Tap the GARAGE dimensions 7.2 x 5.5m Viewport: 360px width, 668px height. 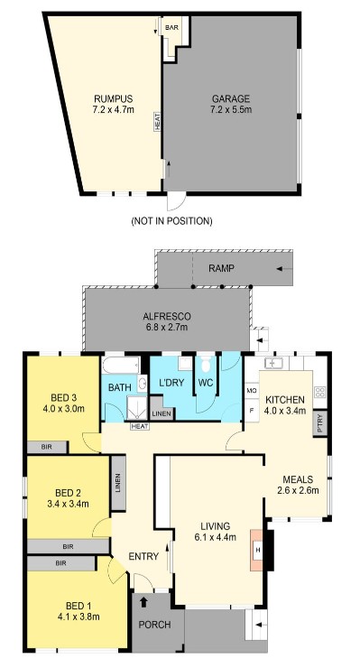(x=230, y=111)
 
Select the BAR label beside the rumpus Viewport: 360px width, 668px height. (x=171, y=28)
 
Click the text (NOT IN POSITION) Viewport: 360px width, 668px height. (x=171, y=220)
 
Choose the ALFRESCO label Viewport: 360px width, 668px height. (x=165, y=316)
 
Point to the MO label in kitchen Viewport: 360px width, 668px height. (x=252, y=391)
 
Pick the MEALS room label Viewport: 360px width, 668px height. (x=297, y=478)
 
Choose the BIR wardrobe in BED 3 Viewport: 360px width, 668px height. (x=44, y=446)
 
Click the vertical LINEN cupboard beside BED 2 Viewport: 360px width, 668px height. (x=117, y=493)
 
